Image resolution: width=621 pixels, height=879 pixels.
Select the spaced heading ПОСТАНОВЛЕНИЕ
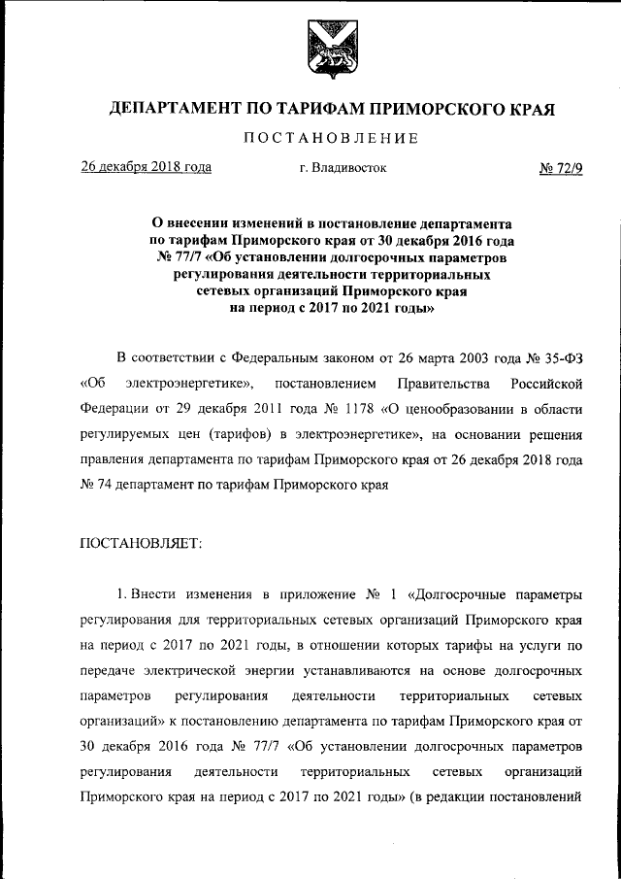tap(330, 139)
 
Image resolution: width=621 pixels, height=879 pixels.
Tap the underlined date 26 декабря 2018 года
tap(146, 167)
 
